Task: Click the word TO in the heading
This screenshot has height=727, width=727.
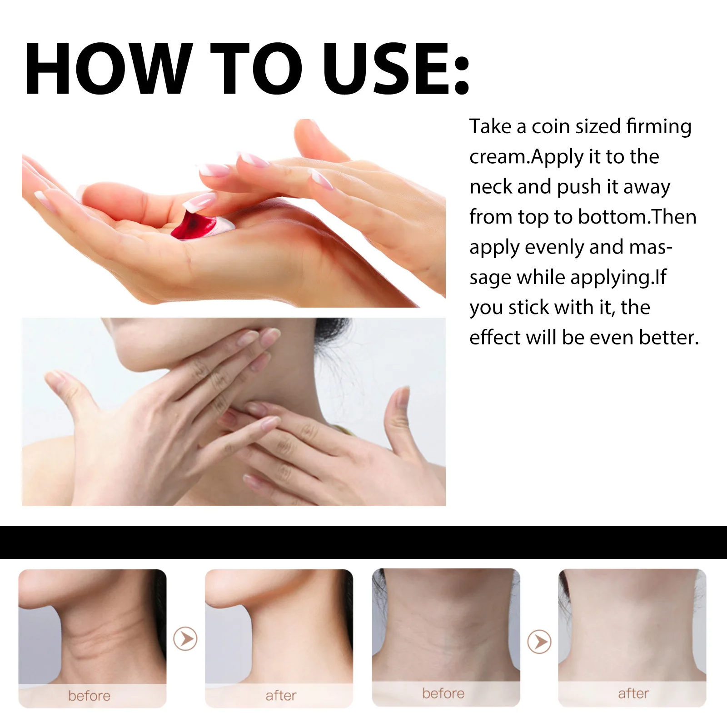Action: (256, 69)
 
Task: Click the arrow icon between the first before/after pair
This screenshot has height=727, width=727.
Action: (185, 639)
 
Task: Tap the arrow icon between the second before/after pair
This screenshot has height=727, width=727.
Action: (539, 641)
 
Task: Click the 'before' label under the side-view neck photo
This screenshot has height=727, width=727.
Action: (90, 696)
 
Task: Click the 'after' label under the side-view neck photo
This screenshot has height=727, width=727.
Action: (281, 695)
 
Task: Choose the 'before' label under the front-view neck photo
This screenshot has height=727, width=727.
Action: (443, 693)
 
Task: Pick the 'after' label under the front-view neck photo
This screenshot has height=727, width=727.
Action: (633, 693)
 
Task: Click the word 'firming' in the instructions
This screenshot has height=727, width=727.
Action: (658, 127)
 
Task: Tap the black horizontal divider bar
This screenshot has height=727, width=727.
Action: (363, 542)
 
